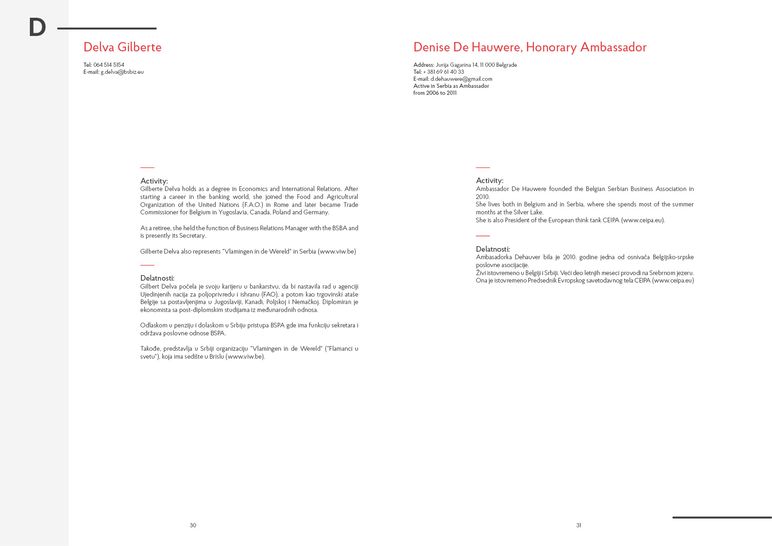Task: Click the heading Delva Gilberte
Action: pyautogui.click(x=122, y=47)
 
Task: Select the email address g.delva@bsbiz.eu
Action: pyautogui.click(x=122, y=72)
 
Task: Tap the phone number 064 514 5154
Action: pyautogui.click(x=109, y=65)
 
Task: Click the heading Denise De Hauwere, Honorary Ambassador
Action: pyautogui.click(x=530, y=47)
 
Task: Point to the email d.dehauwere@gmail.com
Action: pyautogui.click(x=461, y=79)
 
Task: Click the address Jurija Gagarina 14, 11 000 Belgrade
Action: pyautogui.click(x=476, y=65)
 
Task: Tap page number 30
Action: pyautogui.click(x=193, y=525)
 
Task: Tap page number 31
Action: pyautogui.click(x=579, y=525)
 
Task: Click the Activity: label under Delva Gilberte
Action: pyautogui.click(x=154, y=181)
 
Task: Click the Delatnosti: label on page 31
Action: pyautogui.click(x=493, y=249)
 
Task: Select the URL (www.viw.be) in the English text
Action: pyautogui.click(x=337, y=251)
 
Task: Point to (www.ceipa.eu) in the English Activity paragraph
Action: pyautogui.click(x=643, y=220)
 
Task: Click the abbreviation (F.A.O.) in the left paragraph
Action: pyautogui.click(x=253, y=205)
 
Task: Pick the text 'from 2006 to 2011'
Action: pyautogui.click(x=435, y=93)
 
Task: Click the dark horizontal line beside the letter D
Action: pyautogui.click(x=107, y=28)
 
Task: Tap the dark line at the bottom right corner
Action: pyautogui.click(x=722, y=518)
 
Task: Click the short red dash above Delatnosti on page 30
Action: pyautogui.click(x=147, y=265)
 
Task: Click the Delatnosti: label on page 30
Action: pyautogui.click(x=157, y=278)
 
